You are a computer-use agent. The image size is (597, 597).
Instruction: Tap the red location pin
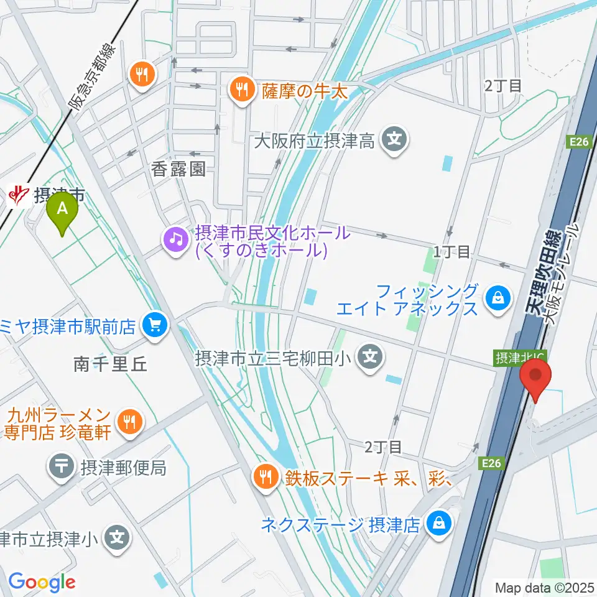[x=535, y=378]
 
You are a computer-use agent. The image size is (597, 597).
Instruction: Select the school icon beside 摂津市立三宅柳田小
[x=371, y=358]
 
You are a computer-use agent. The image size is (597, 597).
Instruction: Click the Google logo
[x=42, y=582]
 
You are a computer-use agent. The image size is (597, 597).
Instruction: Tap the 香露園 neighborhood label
[x=178, y=170]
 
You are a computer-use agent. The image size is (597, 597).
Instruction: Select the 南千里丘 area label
[x=110, y=364]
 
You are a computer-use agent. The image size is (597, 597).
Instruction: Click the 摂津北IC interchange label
[x=511, y=358]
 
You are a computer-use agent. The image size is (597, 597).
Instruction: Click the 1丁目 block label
[x=452, y=252]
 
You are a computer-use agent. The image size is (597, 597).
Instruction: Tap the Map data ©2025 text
[x=544, y=587]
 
